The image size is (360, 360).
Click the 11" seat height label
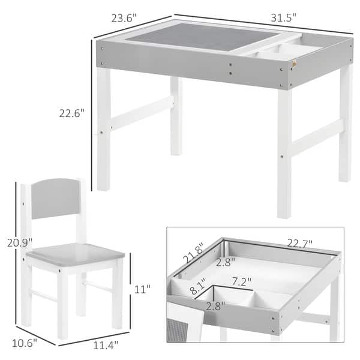pos(143,289)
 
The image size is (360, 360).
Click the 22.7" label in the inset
pos(300,243)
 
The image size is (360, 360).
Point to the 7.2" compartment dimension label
pos(241,280)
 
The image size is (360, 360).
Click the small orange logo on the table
pos(293,65)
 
